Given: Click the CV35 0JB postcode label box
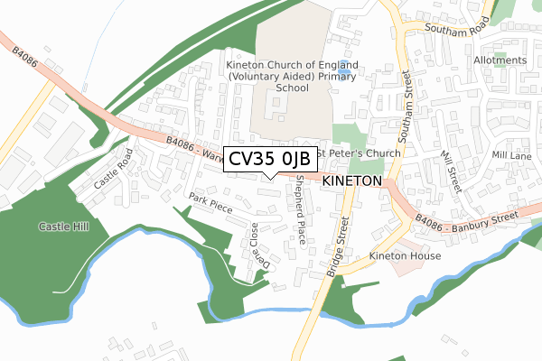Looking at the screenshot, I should click(x=269, y=159).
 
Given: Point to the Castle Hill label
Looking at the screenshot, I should click(x=63, y=226).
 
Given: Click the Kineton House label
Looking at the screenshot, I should click(x=404, y=256).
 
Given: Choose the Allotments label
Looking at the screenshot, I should click(x=500, y=60).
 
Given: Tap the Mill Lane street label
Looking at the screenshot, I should click(x=511, y=155).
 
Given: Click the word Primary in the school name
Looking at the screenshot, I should click(x=331, y=77).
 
